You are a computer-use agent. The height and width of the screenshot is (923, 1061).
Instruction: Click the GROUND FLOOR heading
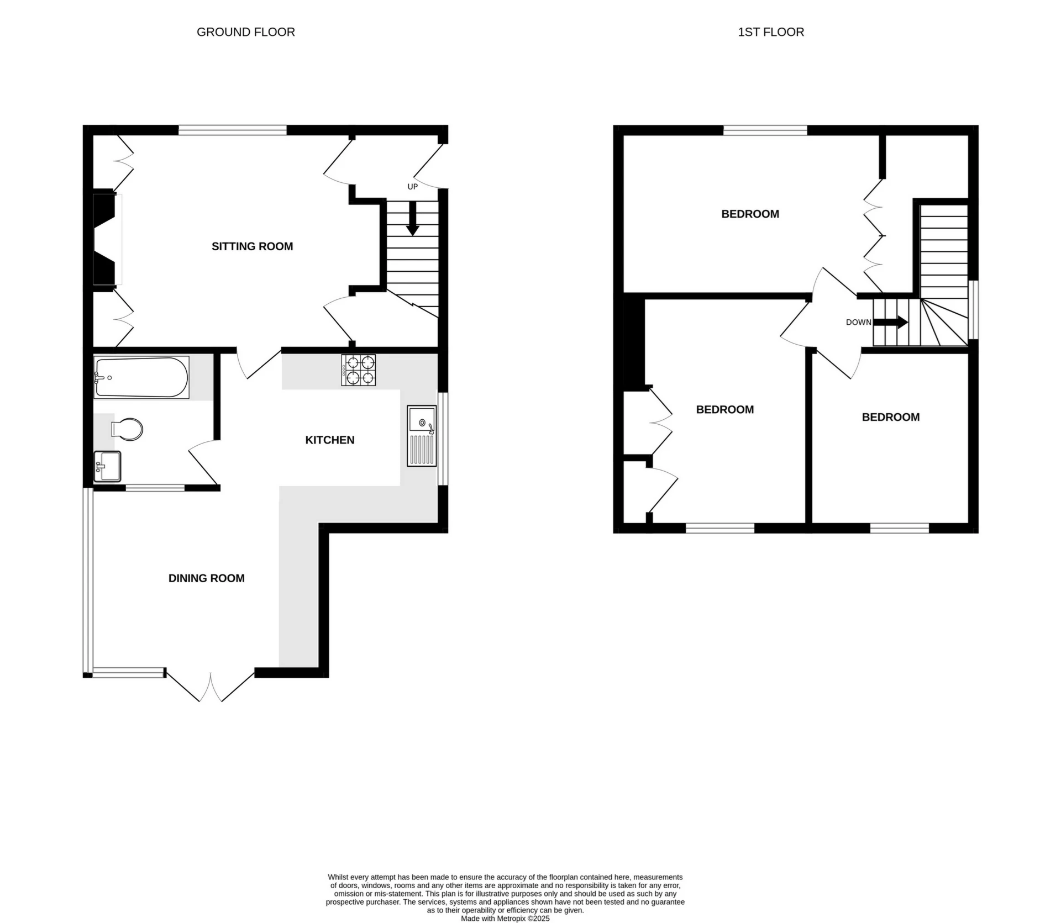coord(245,32)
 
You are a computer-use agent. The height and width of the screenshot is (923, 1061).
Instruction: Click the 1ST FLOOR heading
coord(770,32)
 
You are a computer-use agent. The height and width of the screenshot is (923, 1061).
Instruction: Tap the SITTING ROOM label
coord(252,246)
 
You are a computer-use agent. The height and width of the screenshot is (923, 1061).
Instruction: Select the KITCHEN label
coord(330,440)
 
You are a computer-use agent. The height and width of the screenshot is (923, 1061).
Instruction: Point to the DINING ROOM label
coord(206,578)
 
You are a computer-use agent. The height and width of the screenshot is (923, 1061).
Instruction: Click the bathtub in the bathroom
coord(141,377)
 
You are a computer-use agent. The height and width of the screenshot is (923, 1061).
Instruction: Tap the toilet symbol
coord(128,429)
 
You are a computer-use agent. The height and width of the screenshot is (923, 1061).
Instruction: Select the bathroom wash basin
coord(107,466)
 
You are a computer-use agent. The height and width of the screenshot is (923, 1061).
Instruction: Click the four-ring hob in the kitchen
coord(359,370)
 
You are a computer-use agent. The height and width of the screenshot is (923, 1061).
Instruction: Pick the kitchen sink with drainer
coord(422,436)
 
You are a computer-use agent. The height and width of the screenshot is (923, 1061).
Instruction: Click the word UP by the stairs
coord(412,187)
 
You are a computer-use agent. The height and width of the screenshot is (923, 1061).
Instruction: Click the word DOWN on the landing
coord(858,322)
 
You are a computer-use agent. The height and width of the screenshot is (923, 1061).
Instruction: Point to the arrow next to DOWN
coord(891,322)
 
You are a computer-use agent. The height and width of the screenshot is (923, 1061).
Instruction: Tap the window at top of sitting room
coord(233,130)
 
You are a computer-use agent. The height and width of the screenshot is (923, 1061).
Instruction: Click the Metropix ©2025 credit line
coord(505,919)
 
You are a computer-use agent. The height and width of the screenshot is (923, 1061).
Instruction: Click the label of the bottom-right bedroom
coord(890,417)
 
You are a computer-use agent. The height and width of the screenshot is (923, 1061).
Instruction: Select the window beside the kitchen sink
coord(443,439)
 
